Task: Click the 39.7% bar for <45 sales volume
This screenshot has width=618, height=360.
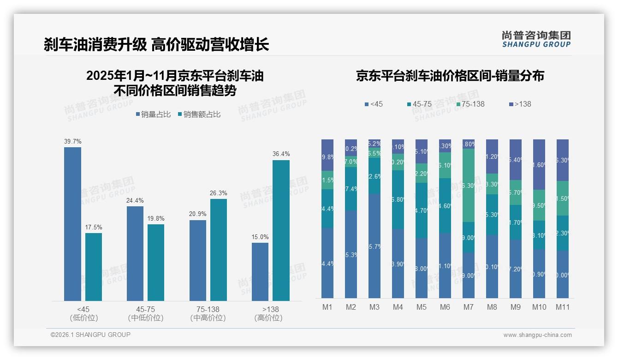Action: [72, 224]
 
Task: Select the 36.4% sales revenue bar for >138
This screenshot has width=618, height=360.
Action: [281, 230]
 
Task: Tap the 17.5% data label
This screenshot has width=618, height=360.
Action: [94, 228]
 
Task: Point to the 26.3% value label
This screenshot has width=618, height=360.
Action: [219, 193]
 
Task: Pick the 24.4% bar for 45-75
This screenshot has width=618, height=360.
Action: [135, 253]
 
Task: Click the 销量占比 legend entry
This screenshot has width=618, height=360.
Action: [155, 114]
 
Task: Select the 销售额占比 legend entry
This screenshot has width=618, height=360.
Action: [199, 114]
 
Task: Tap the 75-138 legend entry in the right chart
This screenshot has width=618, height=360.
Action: [470, 104]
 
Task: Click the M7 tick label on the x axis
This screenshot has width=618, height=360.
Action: [469, 307]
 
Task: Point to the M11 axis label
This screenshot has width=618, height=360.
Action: [563, 307]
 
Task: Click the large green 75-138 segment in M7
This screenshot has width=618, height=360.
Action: [469, 185]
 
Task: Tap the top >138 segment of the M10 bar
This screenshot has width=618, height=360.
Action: [539, 164]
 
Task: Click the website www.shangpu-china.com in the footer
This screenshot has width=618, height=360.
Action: [537, 335]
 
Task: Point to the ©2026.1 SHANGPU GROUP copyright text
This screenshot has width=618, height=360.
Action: [90, 335]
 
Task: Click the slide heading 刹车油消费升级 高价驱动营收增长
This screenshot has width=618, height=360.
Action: [156, 45]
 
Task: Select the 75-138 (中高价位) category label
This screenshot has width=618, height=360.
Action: [208, 313]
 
